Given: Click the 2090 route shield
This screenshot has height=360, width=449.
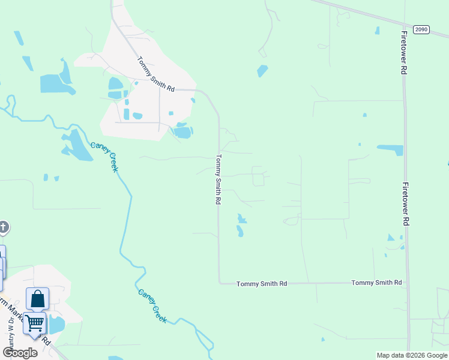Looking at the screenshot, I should point(421,29).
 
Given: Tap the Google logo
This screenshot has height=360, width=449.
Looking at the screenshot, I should point(20,353).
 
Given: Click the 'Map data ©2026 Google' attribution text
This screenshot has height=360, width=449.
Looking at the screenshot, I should point(412,355).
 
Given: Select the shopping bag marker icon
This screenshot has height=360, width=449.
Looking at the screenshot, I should point(37,298).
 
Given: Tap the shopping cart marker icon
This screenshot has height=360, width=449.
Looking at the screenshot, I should point(34,323).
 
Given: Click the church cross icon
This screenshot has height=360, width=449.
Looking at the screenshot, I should point(3,227).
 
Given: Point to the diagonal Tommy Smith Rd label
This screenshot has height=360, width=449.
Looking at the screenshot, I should point(155,74).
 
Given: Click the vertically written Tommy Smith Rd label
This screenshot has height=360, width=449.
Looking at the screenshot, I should point(218,179).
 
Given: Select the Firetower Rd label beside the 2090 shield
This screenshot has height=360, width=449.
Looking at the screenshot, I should point(404,52).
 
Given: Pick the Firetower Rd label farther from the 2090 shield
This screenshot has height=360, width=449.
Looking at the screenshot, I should point(406,204).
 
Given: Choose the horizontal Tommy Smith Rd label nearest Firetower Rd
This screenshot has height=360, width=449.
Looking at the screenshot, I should point(376,283).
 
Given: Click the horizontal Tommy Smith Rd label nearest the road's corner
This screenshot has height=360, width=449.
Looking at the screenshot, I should point(262,283).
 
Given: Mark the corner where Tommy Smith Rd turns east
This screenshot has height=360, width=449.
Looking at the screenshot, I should point(220,283).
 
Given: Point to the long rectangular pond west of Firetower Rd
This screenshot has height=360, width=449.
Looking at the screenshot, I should point(390,149).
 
